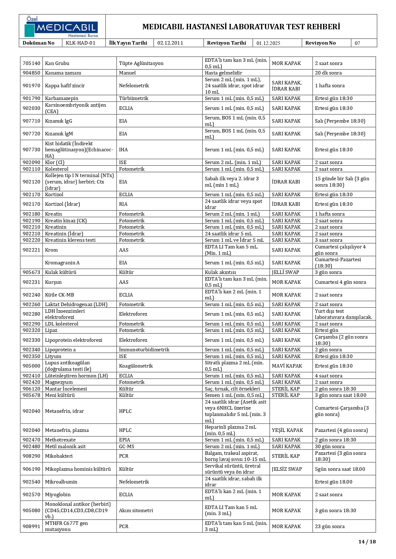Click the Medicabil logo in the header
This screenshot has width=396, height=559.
point(62,27)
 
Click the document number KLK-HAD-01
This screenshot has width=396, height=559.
point(80,43)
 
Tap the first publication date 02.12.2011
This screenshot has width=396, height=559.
point(170,43)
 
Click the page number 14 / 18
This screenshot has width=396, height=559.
point(367,541)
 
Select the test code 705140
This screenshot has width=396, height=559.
point(32,63)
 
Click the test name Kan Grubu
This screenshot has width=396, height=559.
point(57,63)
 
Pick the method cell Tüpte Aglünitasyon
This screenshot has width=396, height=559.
point(141,63)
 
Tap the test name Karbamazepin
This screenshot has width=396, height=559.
point(62,98)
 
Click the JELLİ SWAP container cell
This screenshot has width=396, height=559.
point(285,272)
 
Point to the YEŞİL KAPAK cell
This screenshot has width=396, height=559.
point(287,430)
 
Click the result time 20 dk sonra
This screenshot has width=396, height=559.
point(328,73)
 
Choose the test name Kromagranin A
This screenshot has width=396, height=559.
point(62,263)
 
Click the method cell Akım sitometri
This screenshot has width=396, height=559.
point(136,510)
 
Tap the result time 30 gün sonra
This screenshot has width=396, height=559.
point(330,447)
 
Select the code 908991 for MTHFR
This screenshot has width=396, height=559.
point(32,526)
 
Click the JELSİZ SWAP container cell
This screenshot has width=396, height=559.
point(287,469)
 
